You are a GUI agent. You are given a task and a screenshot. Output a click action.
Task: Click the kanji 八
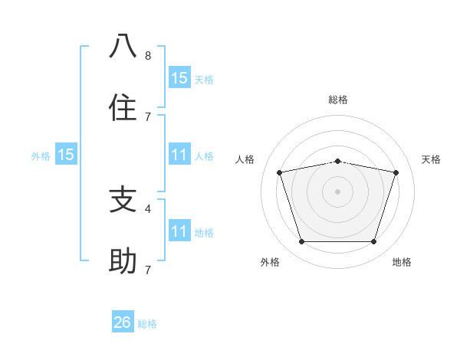tap(123, 47)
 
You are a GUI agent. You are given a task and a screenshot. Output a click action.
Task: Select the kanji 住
tap(123, 108)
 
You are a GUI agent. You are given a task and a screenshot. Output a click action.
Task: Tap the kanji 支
tap(123, 200)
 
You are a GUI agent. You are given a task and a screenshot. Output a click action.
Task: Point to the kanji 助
tap(123, 261)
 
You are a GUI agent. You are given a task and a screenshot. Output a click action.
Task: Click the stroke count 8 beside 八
tap(148, 55)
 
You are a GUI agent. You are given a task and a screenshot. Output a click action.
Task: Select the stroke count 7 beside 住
tap(148, 116)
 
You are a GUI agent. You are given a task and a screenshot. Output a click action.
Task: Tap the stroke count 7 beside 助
tap(148, 270)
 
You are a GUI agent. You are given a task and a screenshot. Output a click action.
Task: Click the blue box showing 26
tap(123, 322)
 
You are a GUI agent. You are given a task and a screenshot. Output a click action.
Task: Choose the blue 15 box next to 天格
tap(179, 77)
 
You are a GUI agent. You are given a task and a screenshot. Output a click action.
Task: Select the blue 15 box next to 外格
tap(66, 155)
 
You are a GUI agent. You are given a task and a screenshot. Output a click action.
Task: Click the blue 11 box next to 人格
tap(179, 155)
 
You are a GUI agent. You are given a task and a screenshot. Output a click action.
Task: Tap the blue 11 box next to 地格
tap(179, 231)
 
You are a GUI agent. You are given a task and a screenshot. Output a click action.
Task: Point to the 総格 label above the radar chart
tap(338, 100)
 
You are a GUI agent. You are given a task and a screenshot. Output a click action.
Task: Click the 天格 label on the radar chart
tap(432, 159)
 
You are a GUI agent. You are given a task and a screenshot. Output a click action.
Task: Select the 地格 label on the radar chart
tap(402, 262)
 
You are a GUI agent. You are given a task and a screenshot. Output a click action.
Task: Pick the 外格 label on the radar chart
tap(270, 262)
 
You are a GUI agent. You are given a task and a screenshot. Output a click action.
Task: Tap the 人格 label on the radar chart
tap(245, 159)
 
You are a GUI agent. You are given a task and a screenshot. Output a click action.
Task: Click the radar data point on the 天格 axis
tap(396, 172)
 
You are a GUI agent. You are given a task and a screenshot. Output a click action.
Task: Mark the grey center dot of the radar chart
tap(338, 191)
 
